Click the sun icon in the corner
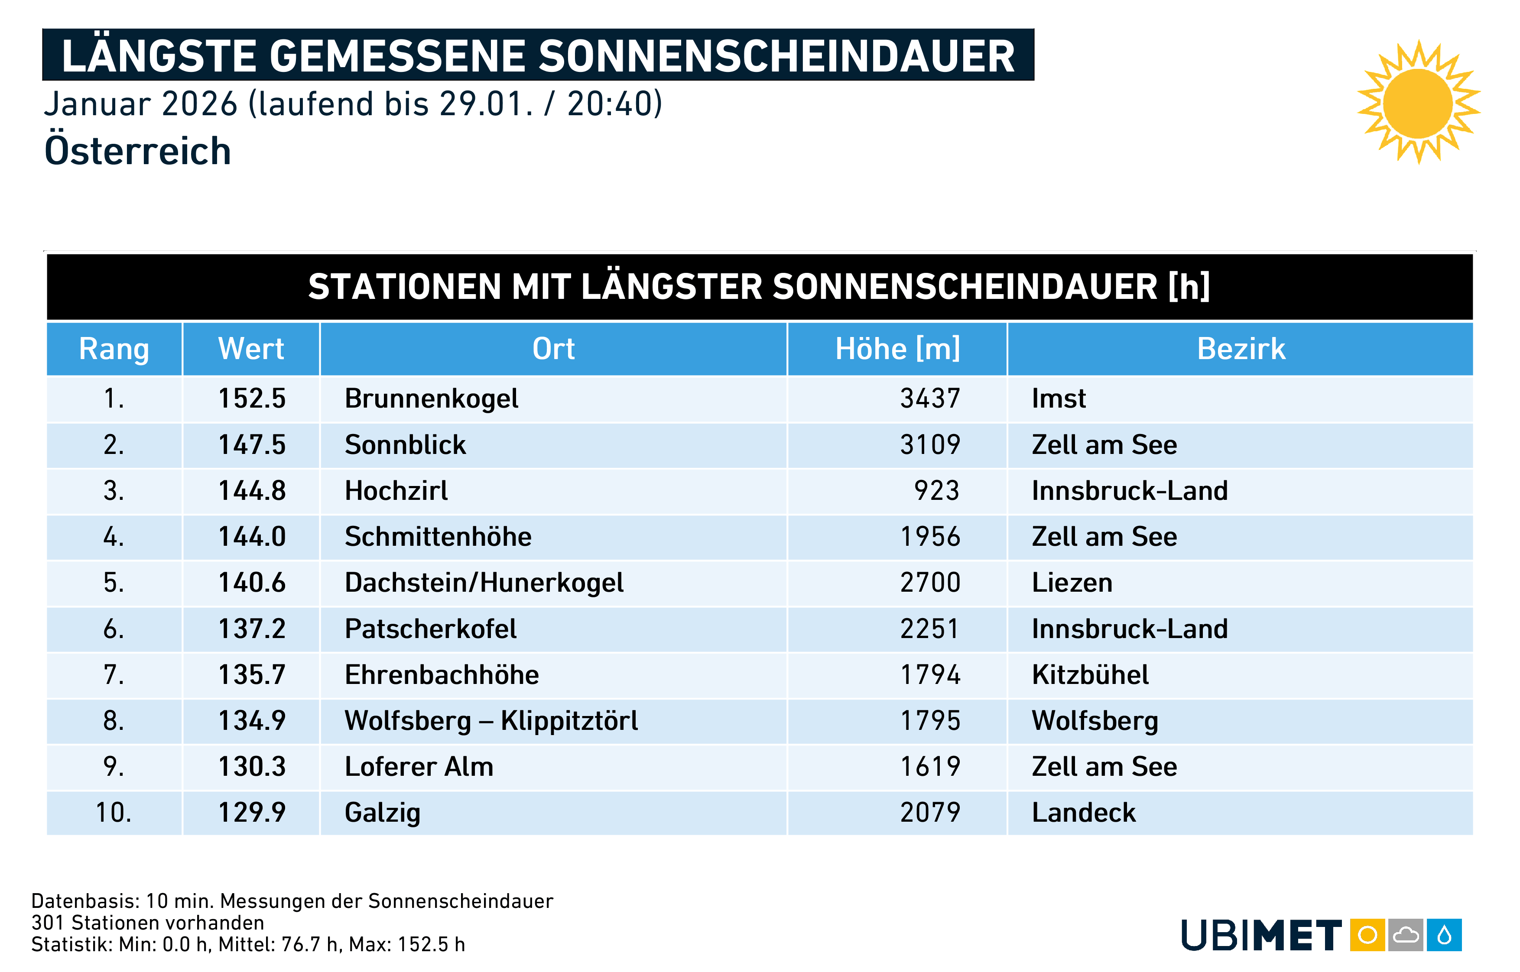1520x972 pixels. pos(1418,103)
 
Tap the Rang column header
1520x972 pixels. pos(114,349)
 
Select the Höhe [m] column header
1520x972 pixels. pos(897,349)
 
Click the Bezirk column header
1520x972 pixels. pos(1241,349)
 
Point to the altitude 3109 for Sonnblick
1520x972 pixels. pos(930,445)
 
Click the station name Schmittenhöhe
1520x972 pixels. pos(438,537)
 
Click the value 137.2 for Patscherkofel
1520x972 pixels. pos(252,629)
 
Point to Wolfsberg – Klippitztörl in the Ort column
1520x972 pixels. pos(491,721)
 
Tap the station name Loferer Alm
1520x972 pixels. pos(419,767)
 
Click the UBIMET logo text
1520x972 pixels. pos(1260,935)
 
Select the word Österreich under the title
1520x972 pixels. pos(138,152)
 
